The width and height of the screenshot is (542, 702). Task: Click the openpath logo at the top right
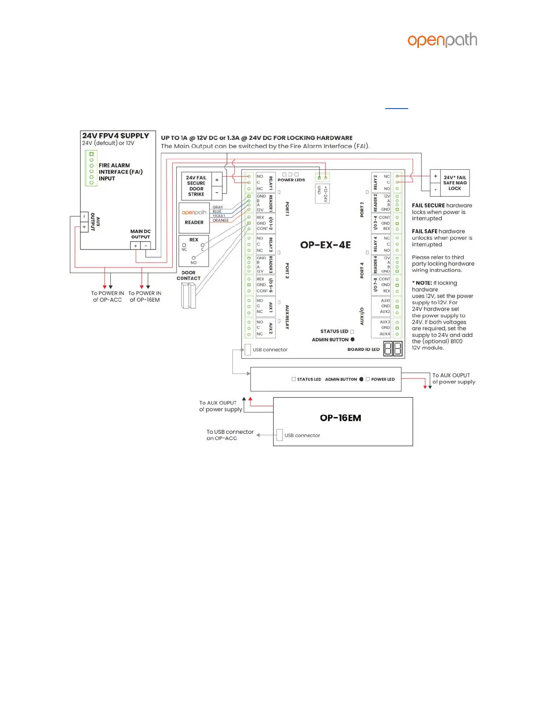[x=442, y=40]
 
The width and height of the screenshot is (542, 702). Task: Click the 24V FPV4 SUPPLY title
[x=116, y=136]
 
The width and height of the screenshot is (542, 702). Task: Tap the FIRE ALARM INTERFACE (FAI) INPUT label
[x=120, y=172]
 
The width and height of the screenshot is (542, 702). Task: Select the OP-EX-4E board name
[x=325, y=245]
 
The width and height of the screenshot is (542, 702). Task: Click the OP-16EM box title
[x=341, y=418]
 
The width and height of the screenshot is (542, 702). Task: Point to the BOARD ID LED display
[x=393, y=349]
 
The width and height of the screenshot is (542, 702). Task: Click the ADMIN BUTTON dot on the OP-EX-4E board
[x=352, y=339]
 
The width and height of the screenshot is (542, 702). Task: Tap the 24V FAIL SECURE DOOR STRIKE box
[x=196, y=186]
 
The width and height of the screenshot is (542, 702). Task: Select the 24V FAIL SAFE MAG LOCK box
[x=455, y=183]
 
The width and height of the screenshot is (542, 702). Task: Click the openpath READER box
[x=194, y=217]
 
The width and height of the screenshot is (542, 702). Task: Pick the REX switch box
[x=194, y=251]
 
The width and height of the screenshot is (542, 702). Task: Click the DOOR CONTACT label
[x=189, y=276]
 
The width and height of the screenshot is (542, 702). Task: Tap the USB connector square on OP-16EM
[x=279, y=435]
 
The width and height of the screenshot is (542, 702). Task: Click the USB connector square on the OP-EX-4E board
[x=248, y=349]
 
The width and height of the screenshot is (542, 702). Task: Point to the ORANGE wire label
[x=221, y=220]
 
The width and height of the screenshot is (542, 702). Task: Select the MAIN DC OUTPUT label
[x=140, y=234]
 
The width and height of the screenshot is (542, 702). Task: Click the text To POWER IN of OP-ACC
[x=107, y=296]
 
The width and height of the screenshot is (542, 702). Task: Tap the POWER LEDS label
[x=291, y=180]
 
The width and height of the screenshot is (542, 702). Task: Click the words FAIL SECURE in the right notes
[x=428, y=206]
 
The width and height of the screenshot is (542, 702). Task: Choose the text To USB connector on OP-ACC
[x=230, y=435]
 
